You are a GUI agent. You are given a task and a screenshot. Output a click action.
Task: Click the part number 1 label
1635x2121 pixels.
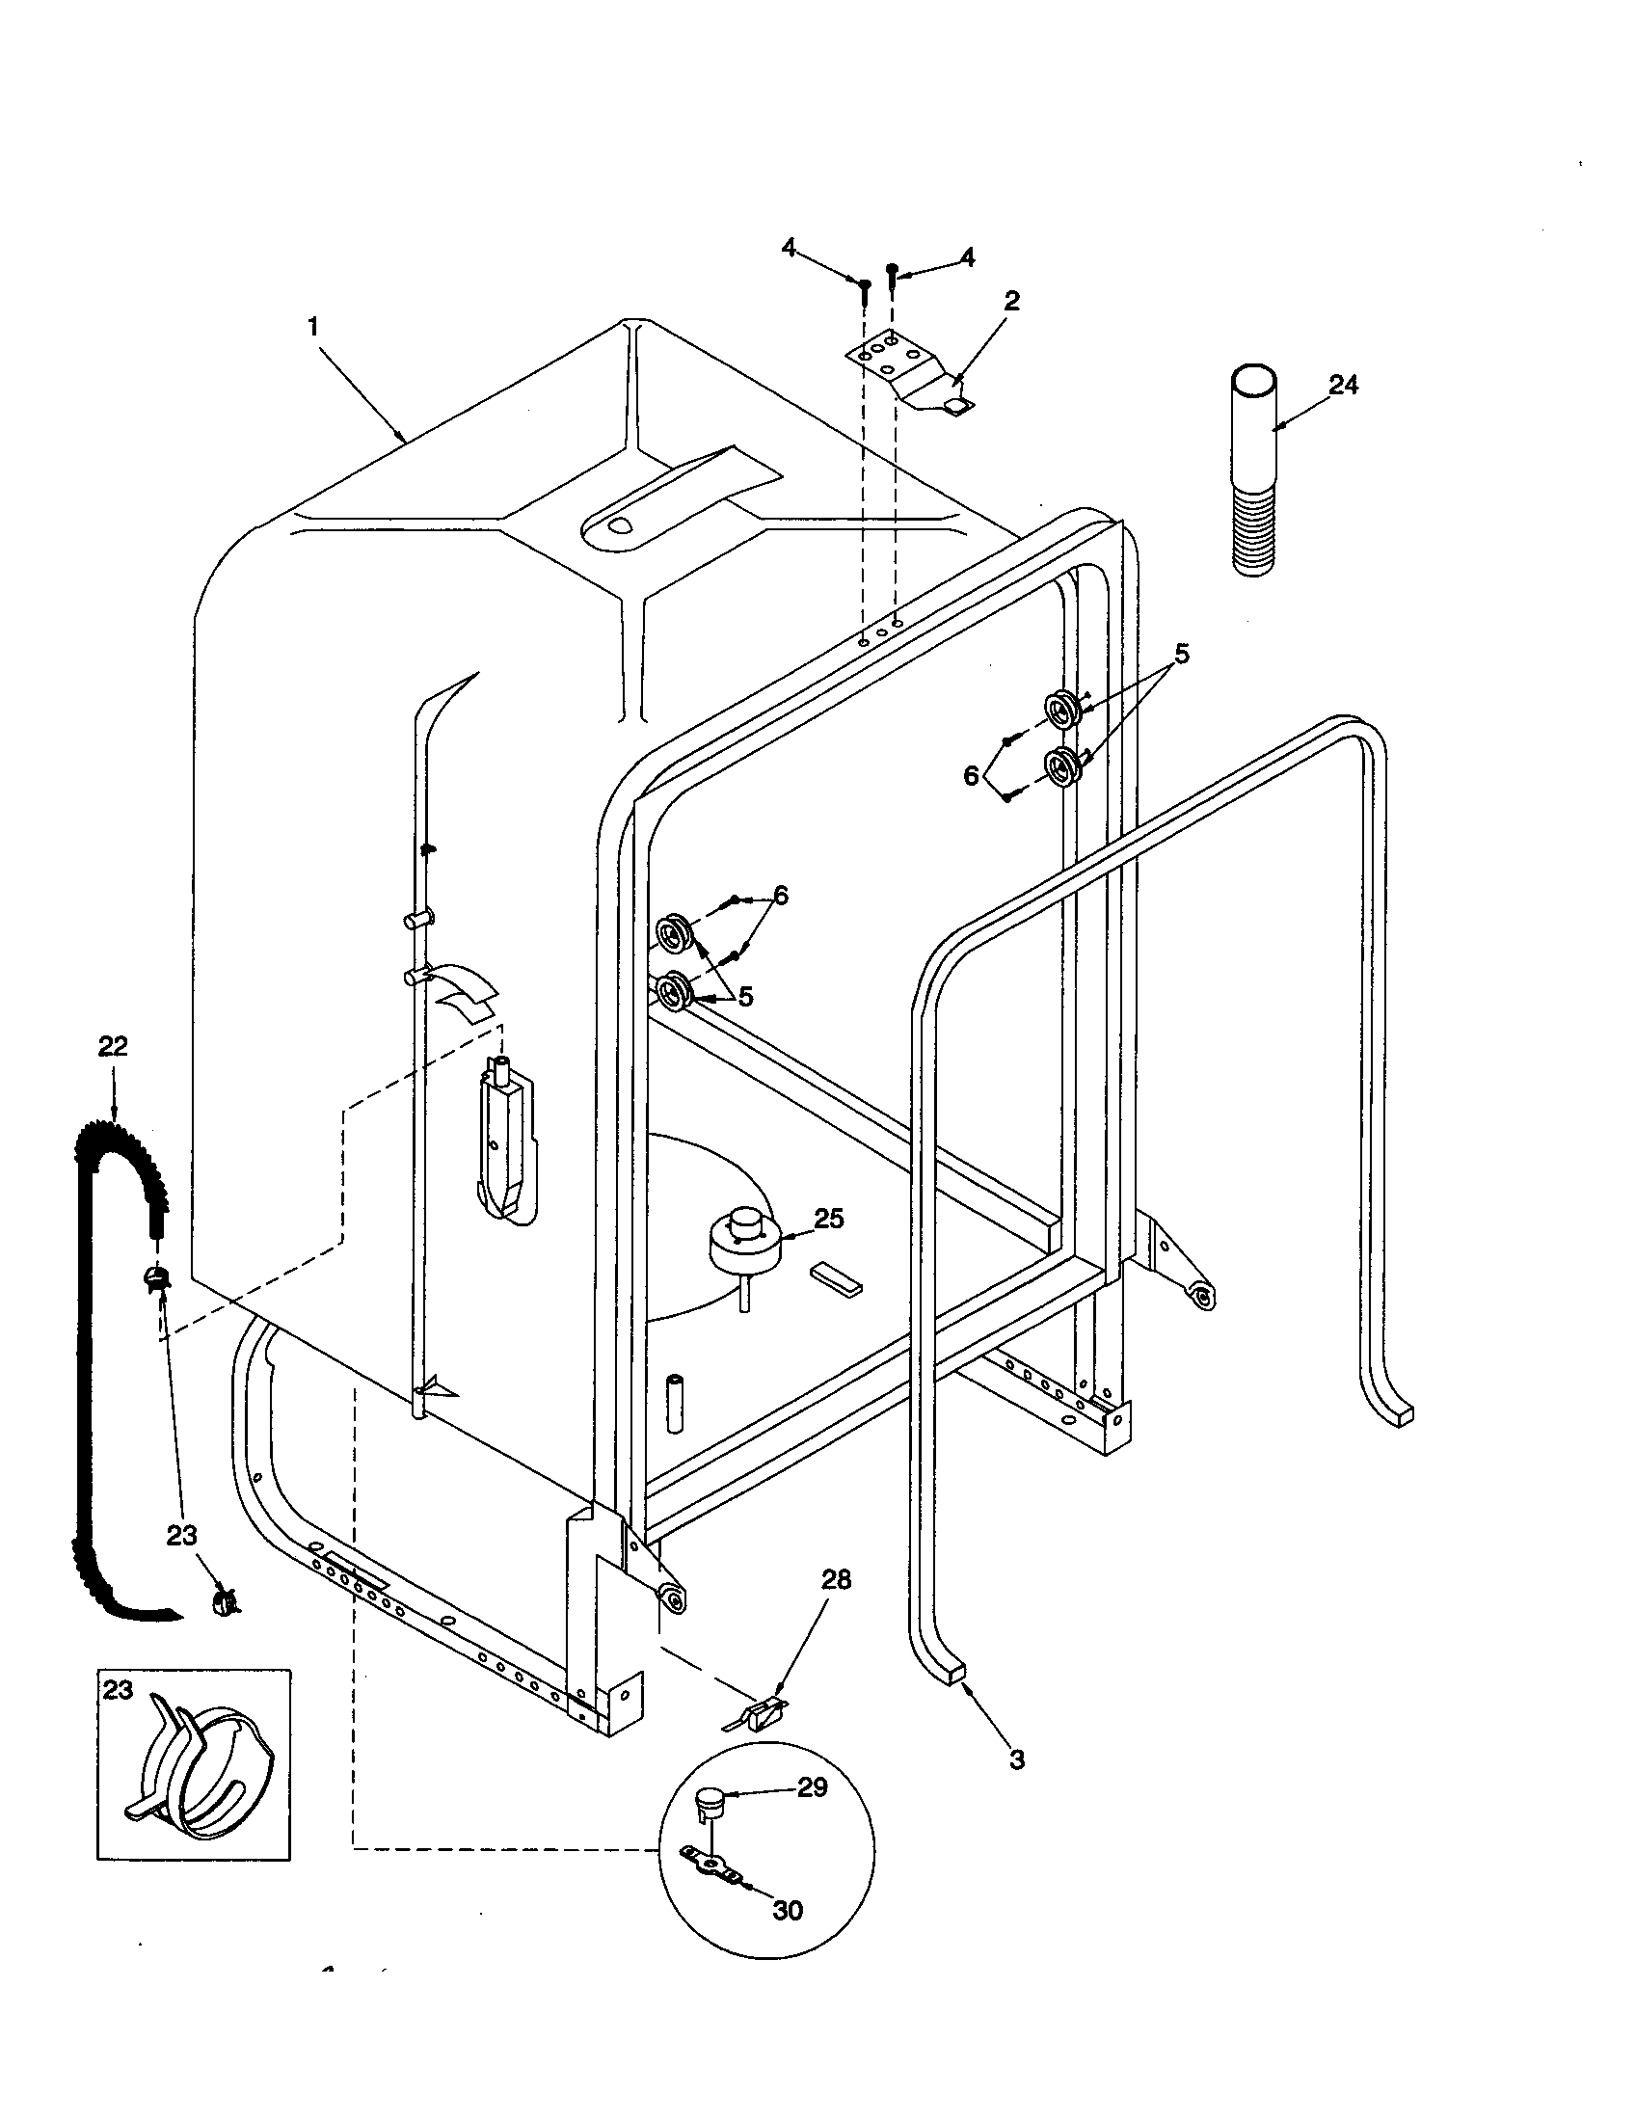click(x=312, y=327)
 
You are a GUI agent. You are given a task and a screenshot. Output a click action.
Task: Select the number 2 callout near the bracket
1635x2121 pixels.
click(x=1011, y=300)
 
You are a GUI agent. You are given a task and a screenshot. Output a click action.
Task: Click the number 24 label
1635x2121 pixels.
click(x=1343, y=385)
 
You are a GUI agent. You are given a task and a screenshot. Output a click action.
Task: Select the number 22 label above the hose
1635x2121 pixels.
click(x=113, y=1046)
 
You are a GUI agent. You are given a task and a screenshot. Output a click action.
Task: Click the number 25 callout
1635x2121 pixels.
click(x=828, y=1219)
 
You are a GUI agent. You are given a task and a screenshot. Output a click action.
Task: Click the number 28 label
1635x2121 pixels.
click(x=836, y=1580)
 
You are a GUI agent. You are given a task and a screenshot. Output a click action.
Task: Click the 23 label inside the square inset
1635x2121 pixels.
click(x=118, y=1690)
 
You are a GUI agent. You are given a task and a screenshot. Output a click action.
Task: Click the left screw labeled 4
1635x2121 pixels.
click(x=864, y=283)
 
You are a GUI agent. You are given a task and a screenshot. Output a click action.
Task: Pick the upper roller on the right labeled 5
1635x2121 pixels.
click(x=1062, y=711)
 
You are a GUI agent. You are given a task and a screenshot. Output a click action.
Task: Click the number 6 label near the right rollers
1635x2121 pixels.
click(x=971, y=775)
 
